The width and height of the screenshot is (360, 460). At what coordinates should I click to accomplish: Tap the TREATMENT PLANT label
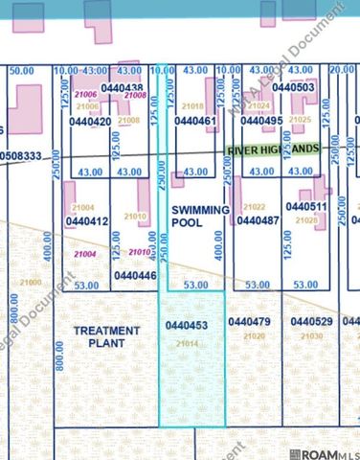pos(106,336)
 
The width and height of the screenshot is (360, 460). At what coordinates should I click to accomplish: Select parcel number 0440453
pos(186,326)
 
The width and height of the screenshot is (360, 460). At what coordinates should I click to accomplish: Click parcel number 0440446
pos(135,275)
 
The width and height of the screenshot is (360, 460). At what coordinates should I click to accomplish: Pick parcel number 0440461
pos(193,122)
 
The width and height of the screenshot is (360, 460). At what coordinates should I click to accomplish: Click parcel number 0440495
pos(261,122)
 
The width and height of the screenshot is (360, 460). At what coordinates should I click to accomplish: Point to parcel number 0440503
pos(293,87)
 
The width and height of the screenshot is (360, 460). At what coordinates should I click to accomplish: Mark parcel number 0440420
pos(91,122)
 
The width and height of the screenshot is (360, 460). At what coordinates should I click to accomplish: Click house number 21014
pos(186,342)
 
